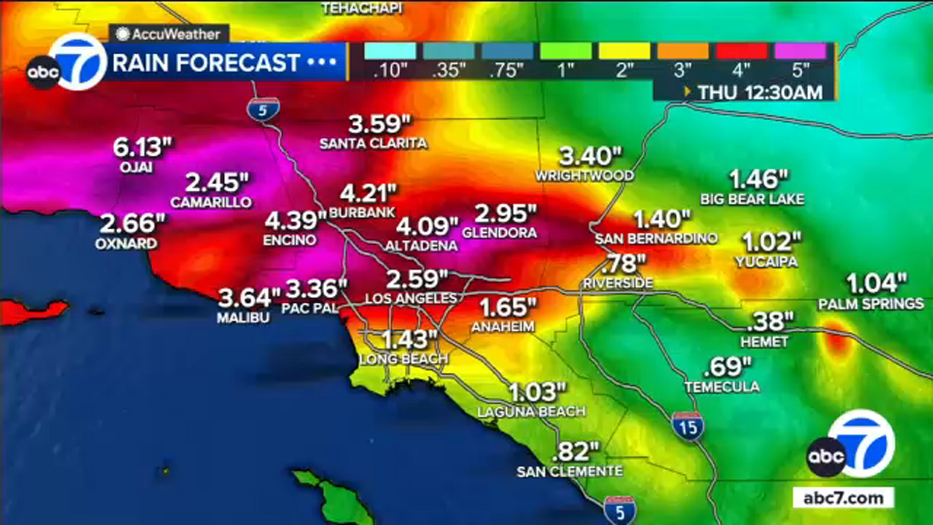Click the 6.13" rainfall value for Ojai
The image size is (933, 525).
(142, 148)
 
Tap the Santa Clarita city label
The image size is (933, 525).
(373, 143)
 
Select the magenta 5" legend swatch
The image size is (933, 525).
(800, 51)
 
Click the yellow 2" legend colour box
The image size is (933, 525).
(625, 51)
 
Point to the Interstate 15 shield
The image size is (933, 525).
(688, 426)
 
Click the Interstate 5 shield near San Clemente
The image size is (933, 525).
(619, 511)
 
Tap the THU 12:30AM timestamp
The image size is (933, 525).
(759, 92)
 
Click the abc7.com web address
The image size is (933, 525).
(843, 498)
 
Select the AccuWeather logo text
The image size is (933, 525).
(175, 34)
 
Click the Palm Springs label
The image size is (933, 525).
(871, 304)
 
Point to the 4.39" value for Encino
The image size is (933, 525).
(294, 221)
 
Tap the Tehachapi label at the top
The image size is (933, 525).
(362, 8)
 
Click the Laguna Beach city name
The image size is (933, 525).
(531, 412)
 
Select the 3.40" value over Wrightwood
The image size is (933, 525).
(590, 156)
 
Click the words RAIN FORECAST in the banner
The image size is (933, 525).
(206, 63)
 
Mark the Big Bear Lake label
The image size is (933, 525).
(752, 199)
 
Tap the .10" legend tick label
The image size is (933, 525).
(390, 71)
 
